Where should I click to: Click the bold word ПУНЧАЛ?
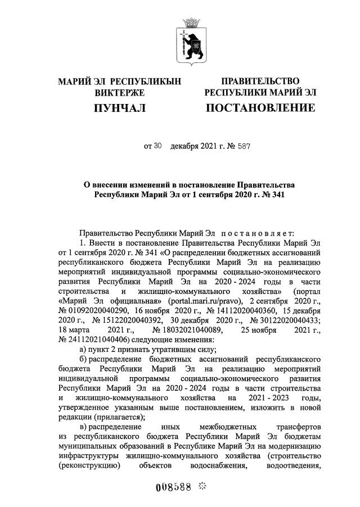tap(120, 107)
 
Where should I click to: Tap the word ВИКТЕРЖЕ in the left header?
tap(120, 92)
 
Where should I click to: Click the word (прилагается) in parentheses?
tap(112, 417)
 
